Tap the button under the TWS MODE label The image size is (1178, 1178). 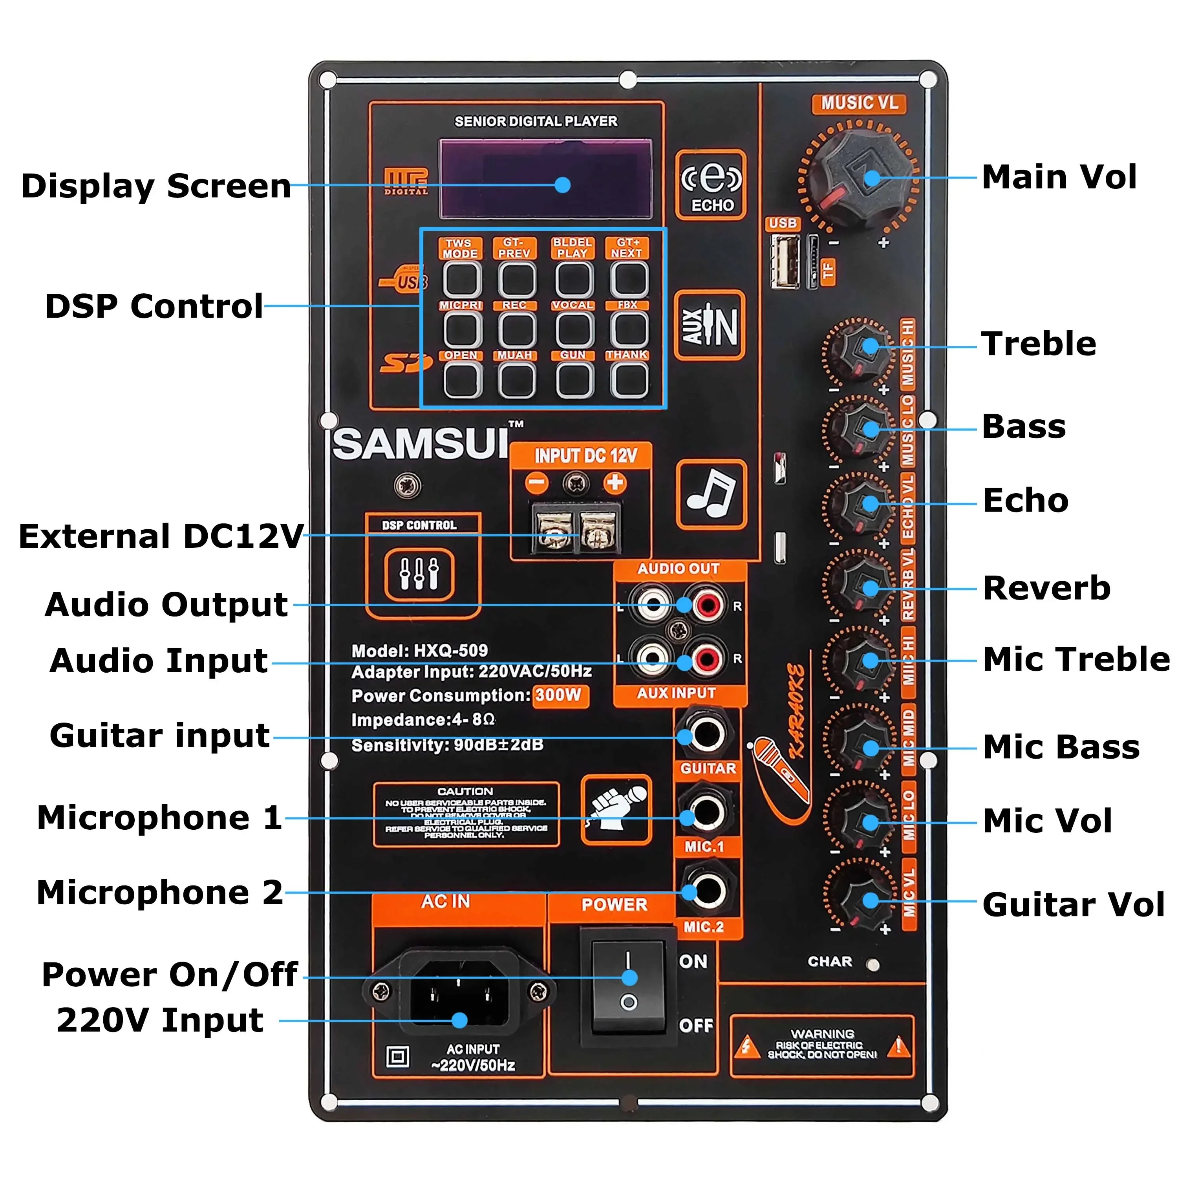pos(461,279)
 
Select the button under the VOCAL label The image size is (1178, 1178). pos(574,330)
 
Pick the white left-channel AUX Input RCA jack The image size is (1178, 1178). pos(652,659)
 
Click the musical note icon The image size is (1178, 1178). pos(711,494)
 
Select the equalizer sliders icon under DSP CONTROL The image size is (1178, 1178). pos(419,574)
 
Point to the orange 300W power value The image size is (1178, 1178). pos(560,695)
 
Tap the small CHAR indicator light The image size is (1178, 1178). pos(873,965)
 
